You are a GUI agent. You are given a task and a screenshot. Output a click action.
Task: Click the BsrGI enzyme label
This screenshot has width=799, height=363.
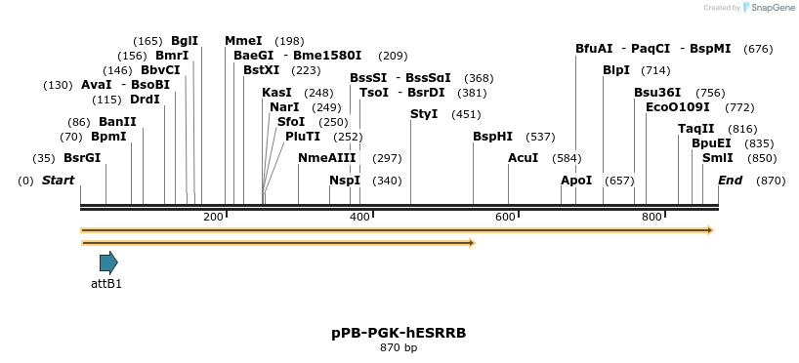point(82,158)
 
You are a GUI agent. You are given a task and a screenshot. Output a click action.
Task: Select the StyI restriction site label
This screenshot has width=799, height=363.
point(424,114)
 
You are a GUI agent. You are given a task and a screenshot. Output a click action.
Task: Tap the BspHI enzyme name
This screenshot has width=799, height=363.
point(492,137)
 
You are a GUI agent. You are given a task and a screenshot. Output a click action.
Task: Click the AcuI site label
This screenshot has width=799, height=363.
point(523,158)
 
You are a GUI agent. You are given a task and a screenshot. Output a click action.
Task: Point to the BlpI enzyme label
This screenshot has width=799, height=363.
point(616,70)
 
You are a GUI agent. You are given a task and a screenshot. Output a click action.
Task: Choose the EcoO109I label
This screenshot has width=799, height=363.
point(678,106)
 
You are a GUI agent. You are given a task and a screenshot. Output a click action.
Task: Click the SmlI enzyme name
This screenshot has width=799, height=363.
point(718,158)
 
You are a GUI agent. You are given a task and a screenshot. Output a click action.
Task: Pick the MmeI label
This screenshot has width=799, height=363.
point(243,41)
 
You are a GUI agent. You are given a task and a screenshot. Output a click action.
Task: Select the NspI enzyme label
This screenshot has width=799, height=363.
point(345,181)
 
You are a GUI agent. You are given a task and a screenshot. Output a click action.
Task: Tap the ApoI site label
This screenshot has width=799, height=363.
point(576,181)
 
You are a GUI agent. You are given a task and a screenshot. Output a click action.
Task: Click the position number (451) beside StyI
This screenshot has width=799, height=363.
point(466,114)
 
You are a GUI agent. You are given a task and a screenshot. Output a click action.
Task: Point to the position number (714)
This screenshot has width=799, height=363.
point(655,70)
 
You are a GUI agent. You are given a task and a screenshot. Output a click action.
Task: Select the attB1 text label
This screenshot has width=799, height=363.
point(106,284)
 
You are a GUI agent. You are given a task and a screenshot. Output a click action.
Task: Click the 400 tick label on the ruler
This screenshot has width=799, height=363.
point(359,217)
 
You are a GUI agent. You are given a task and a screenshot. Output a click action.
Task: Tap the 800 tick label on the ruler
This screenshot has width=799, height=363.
point(652,217)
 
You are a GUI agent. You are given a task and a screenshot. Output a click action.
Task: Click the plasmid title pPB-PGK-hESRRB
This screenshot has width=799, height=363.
point(399,333)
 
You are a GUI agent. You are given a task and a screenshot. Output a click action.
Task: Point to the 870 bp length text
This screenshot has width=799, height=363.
point(399,347)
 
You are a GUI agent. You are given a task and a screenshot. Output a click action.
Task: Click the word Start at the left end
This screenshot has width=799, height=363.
point(59,181)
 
